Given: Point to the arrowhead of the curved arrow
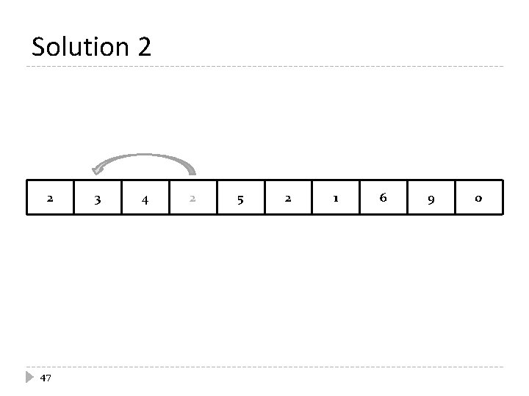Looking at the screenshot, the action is [x=98, y=170].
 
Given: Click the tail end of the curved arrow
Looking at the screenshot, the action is [x=193, y=174].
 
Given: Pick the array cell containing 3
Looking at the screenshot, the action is [x=97, y=198].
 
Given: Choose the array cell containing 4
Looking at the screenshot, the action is [x=145, y=198].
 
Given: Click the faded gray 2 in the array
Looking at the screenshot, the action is [x=192, y=198].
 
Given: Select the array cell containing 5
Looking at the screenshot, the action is [x=240, y=198].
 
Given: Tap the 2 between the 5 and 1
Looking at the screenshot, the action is [x=288, y=198].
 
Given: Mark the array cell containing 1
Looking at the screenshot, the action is [x=336, y=198].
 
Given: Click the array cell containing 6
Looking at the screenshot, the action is [x=384, y=198].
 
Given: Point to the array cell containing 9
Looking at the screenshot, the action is [x=431, y=198].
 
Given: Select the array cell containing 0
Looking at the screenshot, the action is [x=479, y=198].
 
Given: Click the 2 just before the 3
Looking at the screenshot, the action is [x=49, y=198].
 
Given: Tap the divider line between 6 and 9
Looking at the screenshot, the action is [x=408, y=197].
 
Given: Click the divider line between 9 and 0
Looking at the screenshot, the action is [x=456, y=197].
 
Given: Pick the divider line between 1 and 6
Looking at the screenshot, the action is [x=360, y=197].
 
